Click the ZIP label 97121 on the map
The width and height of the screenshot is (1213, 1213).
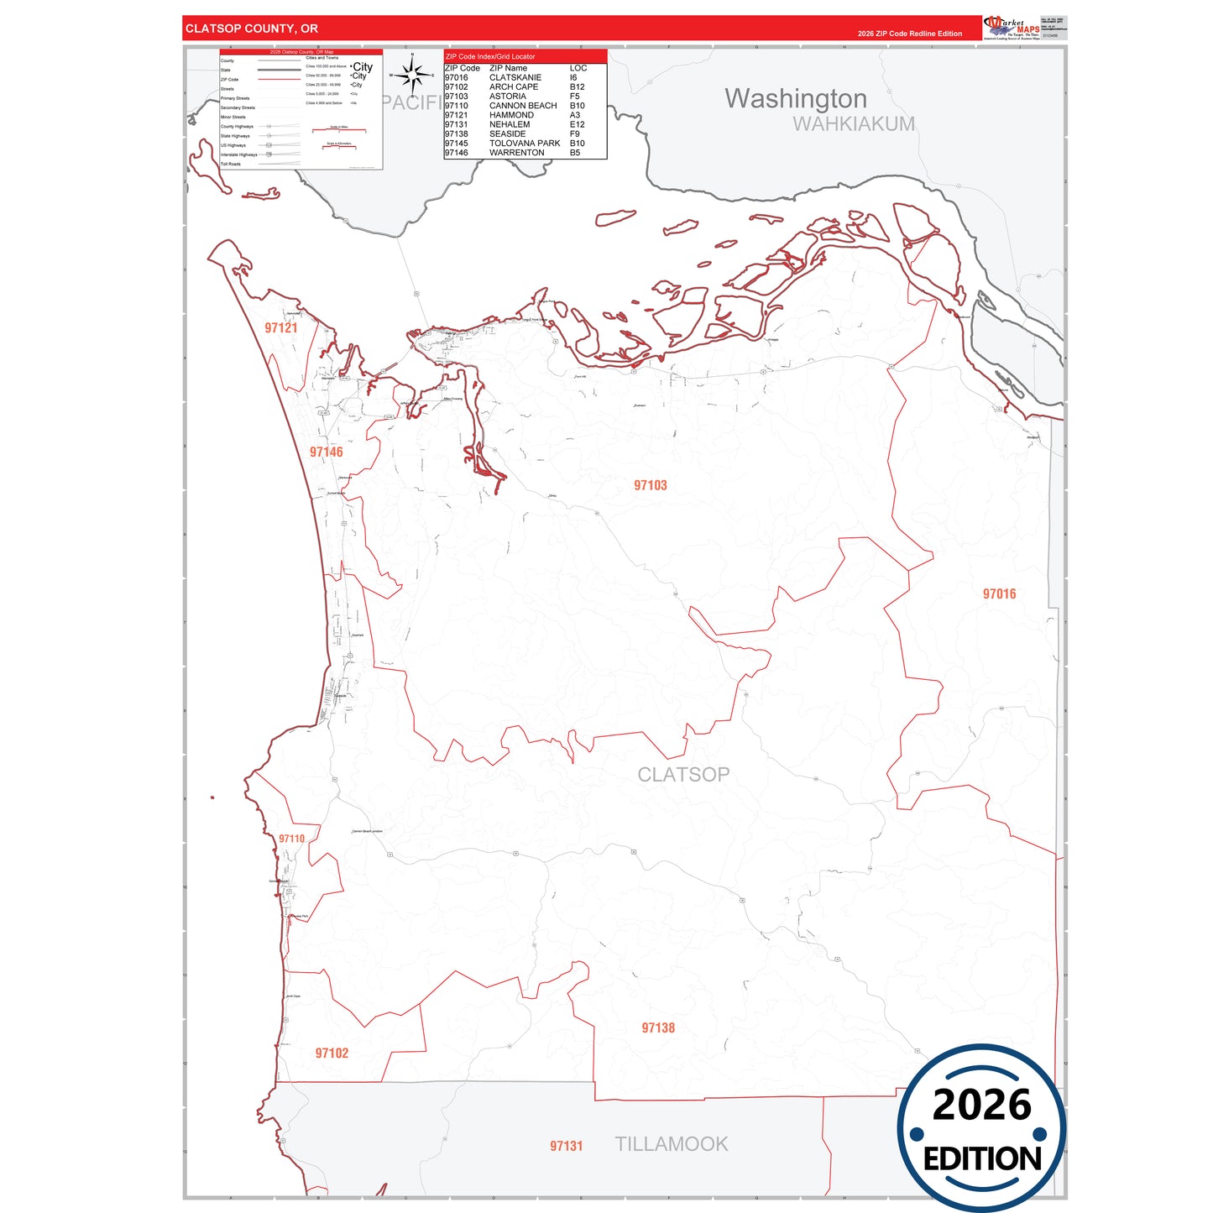click(281, 328)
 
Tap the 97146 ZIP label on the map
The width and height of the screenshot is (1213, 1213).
click(327, 452)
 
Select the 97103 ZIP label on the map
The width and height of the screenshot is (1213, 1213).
click(651, 485)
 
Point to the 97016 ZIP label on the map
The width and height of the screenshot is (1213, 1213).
click(999, 594)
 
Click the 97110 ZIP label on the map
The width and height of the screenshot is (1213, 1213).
click(292, 839)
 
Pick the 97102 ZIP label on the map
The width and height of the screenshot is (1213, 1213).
click(332, 1054)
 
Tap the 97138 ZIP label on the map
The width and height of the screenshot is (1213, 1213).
click(658, 1028)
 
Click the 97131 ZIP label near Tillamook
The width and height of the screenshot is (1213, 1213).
click(567, 1146)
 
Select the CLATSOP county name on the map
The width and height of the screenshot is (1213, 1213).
click(683, 775)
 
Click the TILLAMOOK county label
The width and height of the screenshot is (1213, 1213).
click(672, 1144)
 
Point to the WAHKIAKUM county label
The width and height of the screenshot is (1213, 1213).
click(854, 124)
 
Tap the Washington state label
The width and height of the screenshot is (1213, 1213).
click(796, 98)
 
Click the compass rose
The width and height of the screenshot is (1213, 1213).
click(412, 76)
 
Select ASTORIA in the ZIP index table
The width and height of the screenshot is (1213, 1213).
click(508, 97)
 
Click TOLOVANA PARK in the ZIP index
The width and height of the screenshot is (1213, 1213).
click(525, 144)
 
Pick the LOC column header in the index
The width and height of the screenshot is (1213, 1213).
click(578, 68)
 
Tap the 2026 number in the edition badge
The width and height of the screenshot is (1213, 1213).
click(981, 1105)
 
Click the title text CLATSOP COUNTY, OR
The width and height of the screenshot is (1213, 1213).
click(252, 29)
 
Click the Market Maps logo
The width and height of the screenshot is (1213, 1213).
click(1012, 27)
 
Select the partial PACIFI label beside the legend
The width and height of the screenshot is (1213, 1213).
click(412, 102)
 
